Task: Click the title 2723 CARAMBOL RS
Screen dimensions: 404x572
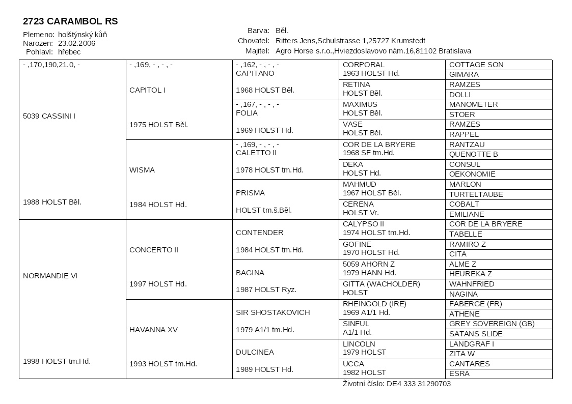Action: (70, 21)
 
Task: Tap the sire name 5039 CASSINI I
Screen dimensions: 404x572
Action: (49, 116)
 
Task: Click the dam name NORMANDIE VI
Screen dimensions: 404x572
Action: (50, 276)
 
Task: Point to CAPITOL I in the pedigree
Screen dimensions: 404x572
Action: (147, 90)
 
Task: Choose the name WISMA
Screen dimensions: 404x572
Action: (142, 170)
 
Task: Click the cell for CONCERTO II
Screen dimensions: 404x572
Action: (154, 250)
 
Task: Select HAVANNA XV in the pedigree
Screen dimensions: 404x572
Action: (153, 330)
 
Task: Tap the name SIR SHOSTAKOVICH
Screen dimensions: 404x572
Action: (273, 312)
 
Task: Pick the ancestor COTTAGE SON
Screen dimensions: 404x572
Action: (476, 65)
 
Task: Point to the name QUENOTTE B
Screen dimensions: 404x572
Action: (473, 154)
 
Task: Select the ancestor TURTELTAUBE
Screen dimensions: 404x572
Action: (476, 194)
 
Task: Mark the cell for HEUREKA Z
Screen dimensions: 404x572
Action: (470, 274)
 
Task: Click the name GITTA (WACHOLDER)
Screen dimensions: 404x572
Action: (381, 284)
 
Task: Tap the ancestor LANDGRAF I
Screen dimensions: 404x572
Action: (471, 344)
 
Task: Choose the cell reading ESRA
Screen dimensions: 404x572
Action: (459, 373)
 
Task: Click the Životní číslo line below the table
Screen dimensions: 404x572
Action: (396, 384)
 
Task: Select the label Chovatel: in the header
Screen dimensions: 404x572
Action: (253, 41)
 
